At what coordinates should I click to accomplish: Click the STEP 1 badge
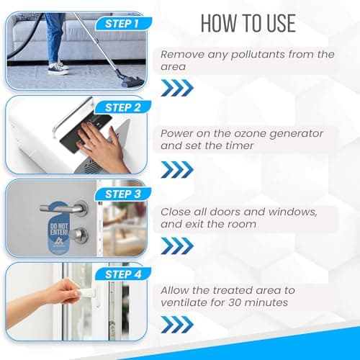[123, 24]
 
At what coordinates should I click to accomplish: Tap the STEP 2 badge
[123, 107]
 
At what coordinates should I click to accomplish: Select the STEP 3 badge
[123, 194]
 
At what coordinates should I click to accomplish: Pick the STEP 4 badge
[123, 274]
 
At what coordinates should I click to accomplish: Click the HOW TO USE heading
[248, 23]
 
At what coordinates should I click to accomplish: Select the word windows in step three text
[293, 212]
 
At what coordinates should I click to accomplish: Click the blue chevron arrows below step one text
[177, 88]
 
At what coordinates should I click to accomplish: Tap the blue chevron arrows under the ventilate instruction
[177, 325]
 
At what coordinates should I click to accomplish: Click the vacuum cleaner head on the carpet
[131, 79]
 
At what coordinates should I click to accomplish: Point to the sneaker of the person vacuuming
[58, 69]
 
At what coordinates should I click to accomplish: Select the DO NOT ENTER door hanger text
[59, 229]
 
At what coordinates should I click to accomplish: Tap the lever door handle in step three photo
[65, 207]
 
